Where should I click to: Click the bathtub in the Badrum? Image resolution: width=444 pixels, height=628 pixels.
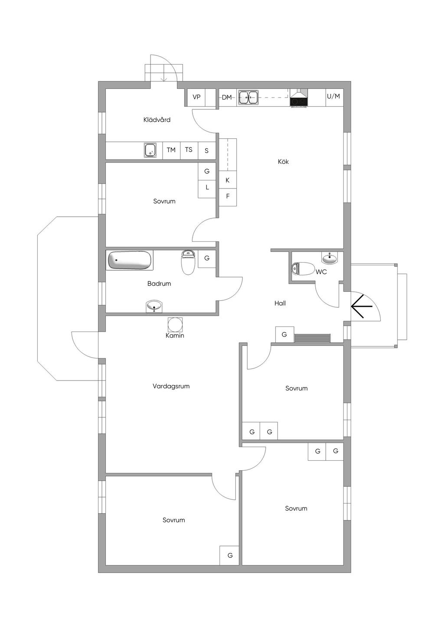click(x=130, y=260)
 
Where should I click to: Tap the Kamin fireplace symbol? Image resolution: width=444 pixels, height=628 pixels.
click(x=175, y=325)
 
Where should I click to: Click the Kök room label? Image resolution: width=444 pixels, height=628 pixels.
click(x=283, y=162)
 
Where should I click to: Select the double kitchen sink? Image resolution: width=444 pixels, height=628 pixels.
click(x=248, y=98)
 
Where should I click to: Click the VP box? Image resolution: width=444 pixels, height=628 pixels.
click(x=196, y=97)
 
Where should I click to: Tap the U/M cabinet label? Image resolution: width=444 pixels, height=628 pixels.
click(x=333, y=97)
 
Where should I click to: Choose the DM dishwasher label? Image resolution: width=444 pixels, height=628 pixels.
click(x=227, y=97)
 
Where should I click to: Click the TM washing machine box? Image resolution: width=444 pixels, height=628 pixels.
click(x=171, y=150)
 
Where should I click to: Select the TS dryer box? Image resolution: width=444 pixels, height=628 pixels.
click(x=189, y=150)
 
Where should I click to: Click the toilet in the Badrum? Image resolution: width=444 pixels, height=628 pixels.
click(x=188, y=262)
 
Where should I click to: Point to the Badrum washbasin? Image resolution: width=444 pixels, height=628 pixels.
click(x=153, y=306)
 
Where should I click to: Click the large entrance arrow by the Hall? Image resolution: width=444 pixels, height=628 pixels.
click(x=362, y=306)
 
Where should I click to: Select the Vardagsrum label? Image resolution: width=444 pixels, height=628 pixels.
click(x=171, y=386)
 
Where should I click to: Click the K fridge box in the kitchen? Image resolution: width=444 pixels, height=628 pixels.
click(x=228, y=180)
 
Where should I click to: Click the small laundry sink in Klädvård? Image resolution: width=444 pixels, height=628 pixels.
click(x=150, y=150)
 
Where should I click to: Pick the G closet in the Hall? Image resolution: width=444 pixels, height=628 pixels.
click(x=284, y=335)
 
